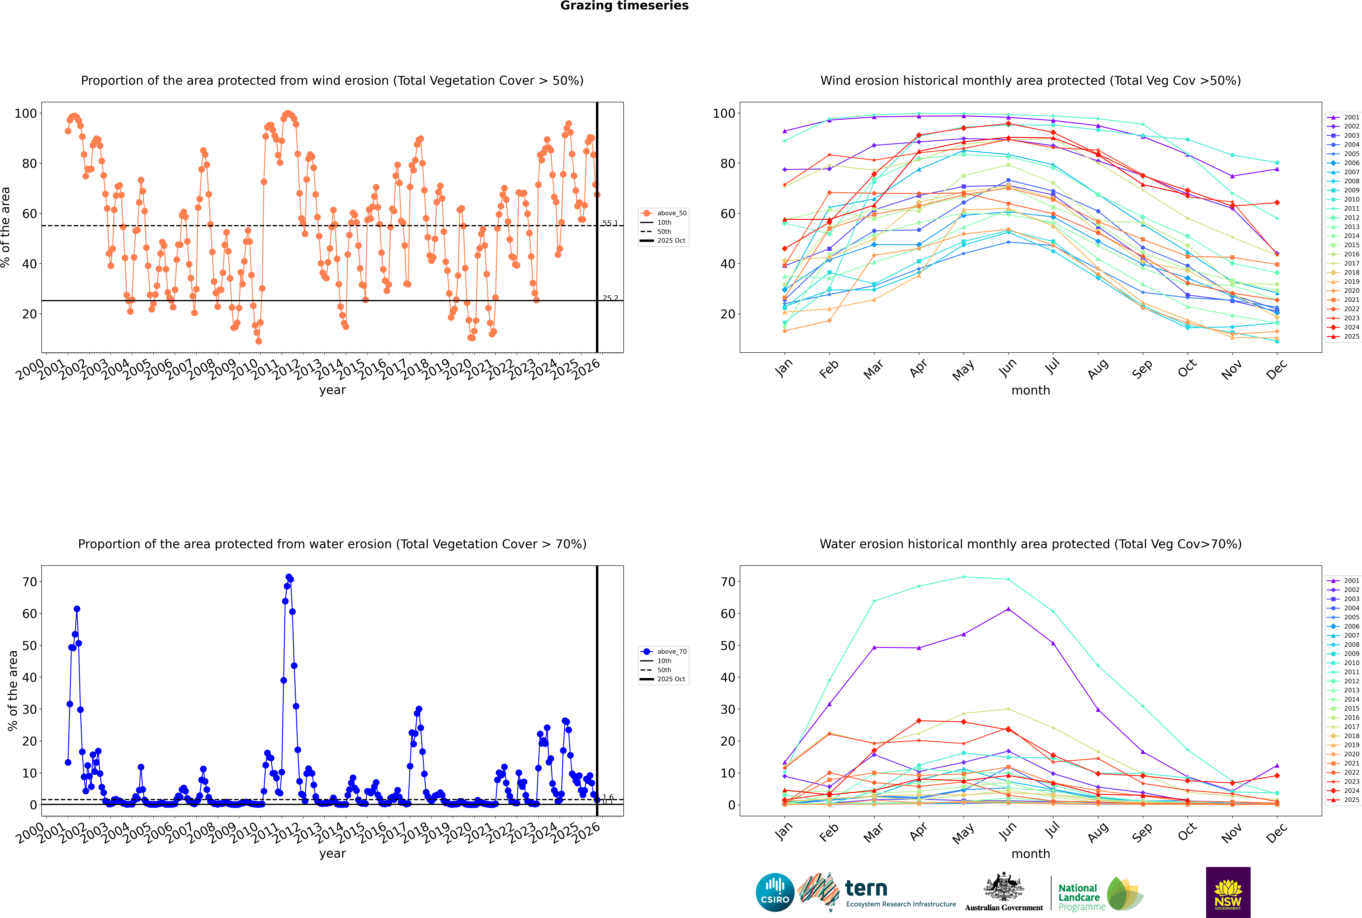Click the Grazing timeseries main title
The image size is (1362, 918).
[624, 6]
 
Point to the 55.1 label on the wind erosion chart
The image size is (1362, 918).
[610, 223]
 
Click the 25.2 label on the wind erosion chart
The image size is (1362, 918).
[610, 298]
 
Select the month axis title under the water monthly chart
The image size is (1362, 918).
[1031, 854]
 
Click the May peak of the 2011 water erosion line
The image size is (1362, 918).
[963, 577]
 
